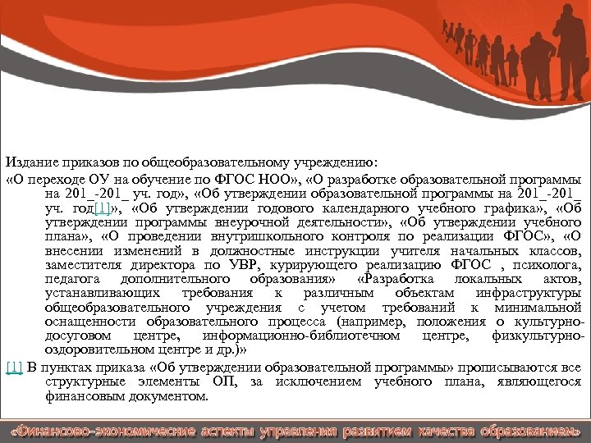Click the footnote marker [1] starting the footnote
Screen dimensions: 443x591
pyautogui.click(x=13, y=366)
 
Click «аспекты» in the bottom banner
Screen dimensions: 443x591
pyautogui.click(x=227, y=430)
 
